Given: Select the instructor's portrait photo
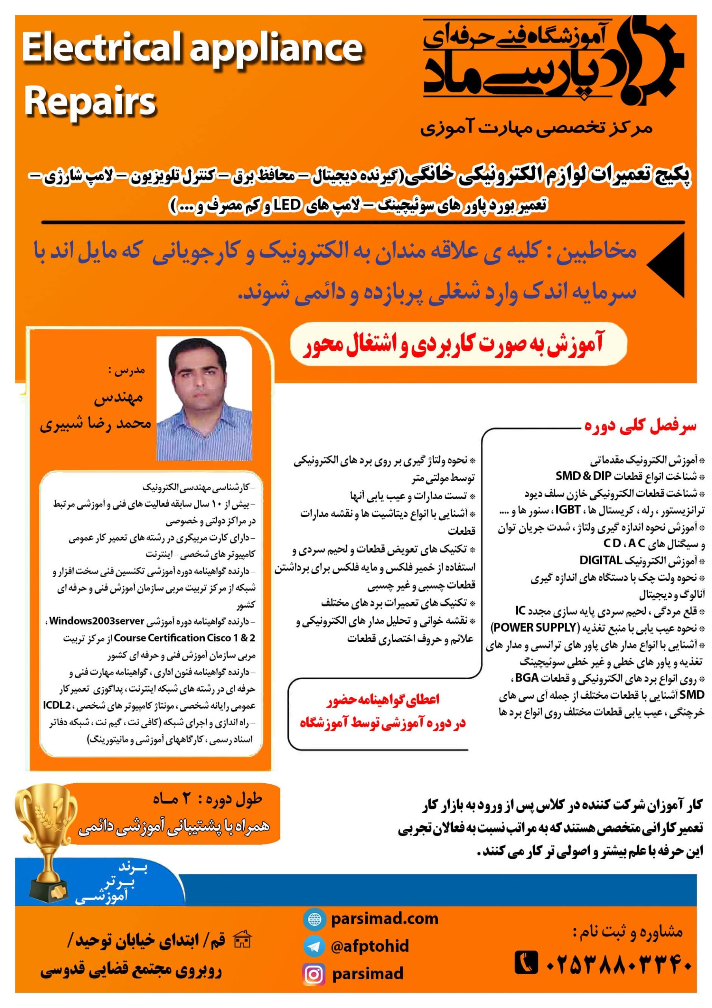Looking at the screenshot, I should [204, 398].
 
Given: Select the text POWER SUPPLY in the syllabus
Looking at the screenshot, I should [533, 627].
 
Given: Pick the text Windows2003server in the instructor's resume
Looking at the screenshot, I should [97, 621].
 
